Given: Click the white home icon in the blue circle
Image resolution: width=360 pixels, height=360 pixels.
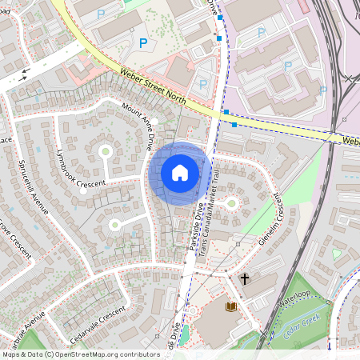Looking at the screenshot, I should tap(180, 173).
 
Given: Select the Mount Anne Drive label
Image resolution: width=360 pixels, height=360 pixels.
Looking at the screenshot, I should tap(137, 120).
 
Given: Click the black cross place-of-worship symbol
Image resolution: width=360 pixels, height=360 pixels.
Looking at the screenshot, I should tap(244, 278).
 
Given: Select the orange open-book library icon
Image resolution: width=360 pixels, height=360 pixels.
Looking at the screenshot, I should tap(231, 306).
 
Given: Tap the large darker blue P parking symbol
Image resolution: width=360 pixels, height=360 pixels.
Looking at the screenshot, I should tap(143, 43).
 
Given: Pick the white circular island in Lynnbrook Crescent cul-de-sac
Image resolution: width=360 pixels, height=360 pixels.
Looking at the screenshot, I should tap(105, 150).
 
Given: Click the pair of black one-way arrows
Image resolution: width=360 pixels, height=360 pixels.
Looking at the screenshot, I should tap(24, 74).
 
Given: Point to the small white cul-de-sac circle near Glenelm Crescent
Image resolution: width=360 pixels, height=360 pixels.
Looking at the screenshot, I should tap(232, 202).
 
